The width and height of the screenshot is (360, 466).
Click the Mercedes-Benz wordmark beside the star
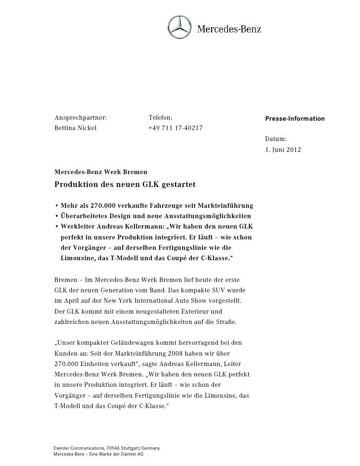pyautogui.click(x=229, y=29)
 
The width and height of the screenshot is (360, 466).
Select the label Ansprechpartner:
pyautogui.click(x=81, y=118)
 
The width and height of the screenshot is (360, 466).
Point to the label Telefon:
pyautogui.click(x=161, y=118)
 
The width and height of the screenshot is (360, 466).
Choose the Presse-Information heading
pyautogui.click(x=295, y=119)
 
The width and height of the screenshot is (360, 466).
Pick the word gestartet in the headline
pyautogui.click(x=177, y=185)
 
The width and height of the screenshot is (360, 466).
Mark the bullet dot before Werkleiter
pyautogui.click(x=56, y=227)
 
